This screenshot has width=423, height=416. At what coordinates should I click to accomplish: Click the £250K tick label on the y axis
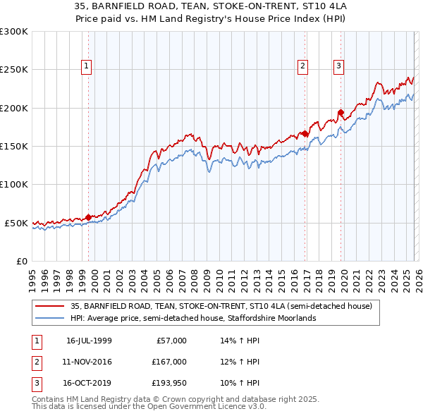tap(13, 70)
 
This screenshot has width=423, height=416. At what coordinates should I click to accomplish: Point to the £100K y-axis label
tap(13, 184)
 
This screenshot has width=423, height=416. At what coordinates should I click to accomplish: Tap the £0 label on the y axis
tap(21, 261)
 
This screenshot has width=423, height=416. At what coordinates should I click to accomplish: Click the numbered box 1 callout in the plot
tap(86, 66)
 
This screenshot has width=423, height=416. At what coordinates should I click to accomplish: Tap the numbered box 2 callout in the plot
tap(302, 66)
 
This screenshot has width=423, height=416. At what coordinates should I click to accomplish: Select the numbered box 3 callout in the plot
tap(338, 66)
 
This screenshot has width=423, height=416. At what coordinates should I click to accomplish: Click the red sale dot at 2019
tap(341, 112)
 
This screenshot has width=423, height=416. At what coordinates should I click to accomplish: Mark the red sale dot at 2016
tap(305, 133)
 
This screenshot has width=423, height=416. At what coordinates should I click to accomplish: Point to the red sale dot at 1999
tap(88, 217)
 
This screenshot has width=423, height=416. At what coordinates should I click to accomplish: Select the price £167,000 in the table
tap(169, 362)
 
